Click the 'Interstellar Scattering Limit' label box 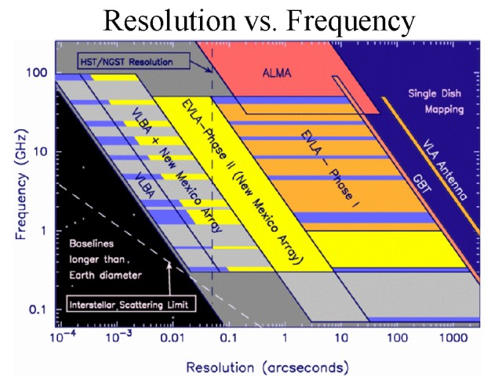click(x=129, y=305)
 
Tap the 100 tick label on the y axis click(x=38, y=73)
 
